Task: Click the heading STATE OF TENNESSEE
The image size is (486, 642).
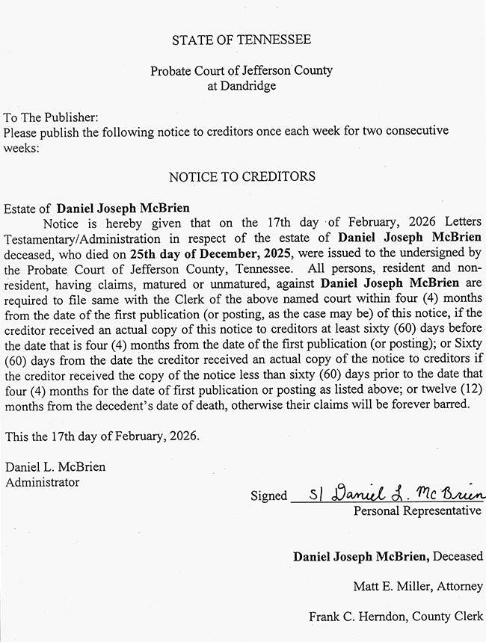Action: click(242, 40)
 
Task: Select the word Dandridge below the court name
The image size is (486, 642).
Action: click(242, 85)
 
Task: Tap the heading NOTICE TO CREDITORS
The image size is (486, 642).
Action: click(242, 177)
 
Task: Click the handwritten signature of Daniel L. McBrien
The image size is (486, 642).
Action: click(396, 494)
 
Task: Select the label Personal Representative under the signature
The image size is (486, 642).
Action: click(417, 511)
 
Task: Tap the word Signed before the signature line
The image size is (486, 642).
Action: click(268, 496)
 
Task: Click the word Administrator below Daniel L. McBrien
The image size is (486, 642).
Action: click(43, 482)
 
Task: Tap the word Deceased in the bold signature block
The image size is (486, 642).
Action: click(458, 557)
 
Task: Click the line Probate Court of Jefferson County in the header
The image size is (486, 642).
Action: click(242, 71)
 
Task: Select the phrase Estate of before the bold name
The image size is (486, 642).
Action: click(28, 209)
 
